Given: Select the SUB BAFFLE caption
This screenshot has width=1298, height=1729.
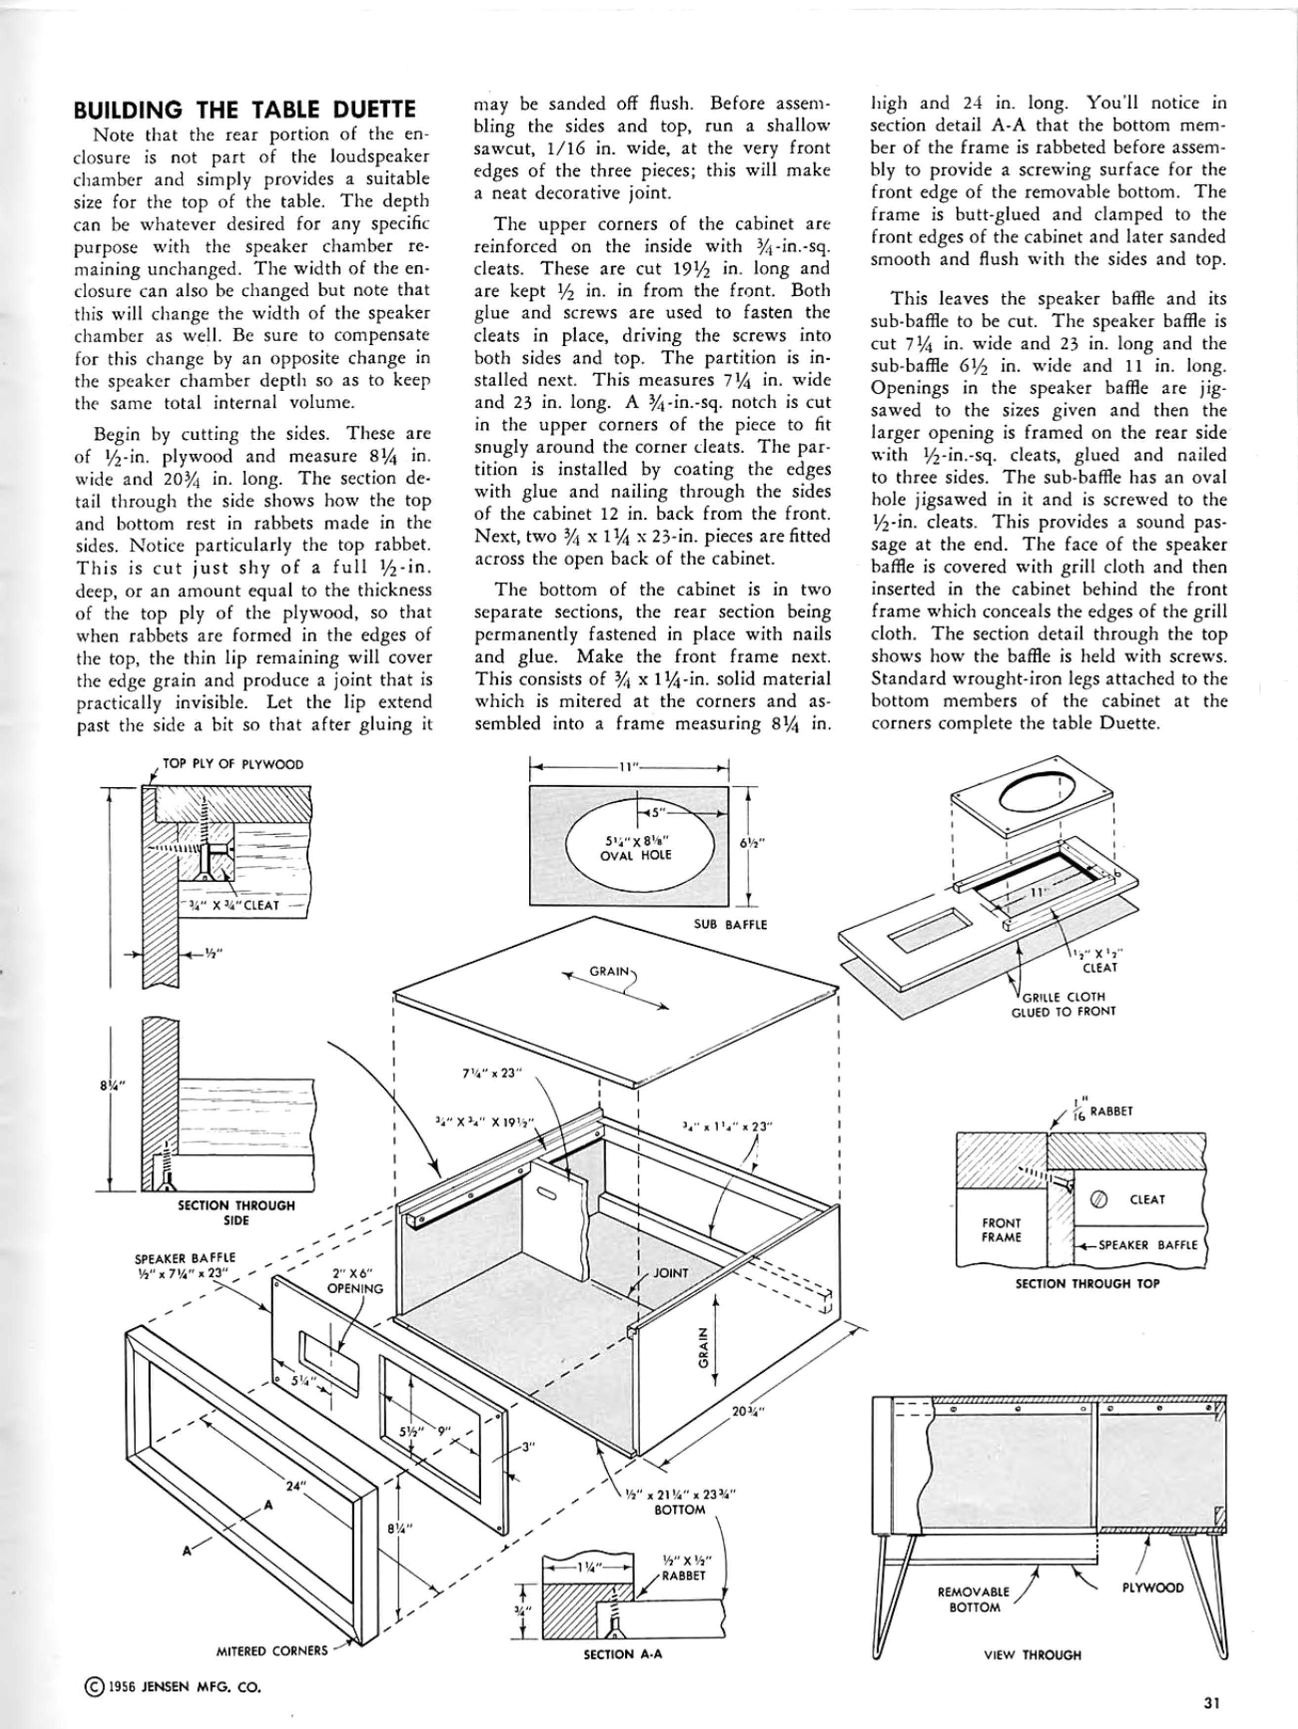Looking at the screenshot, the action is [x=731, y=925].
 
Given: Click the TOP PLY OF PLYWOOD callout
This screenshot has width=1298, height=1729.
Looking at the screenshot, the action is [x=232, y=764].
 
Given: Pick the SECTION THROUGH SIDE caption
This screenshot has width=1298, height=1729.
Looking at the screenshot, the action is [x=236, y=1212].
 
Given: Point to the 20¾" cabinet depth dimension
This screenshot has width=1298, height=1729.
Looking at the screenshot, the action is [x=747, y=1412].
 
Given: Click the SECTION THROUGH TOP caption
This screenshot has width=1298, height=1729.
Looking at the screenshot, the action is [x=1087, y=1283].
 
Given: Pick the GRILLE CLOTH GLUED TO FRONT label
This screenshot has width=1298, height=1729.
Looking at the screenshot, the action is [x=1063, y=1004].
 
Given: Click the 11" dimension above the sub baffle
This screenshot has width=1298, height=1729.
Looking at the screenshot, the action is [x=629, y=767].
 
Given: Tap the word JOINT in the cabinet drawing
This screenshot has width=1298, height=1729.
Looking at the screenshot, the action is [x=671, y=1273].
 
